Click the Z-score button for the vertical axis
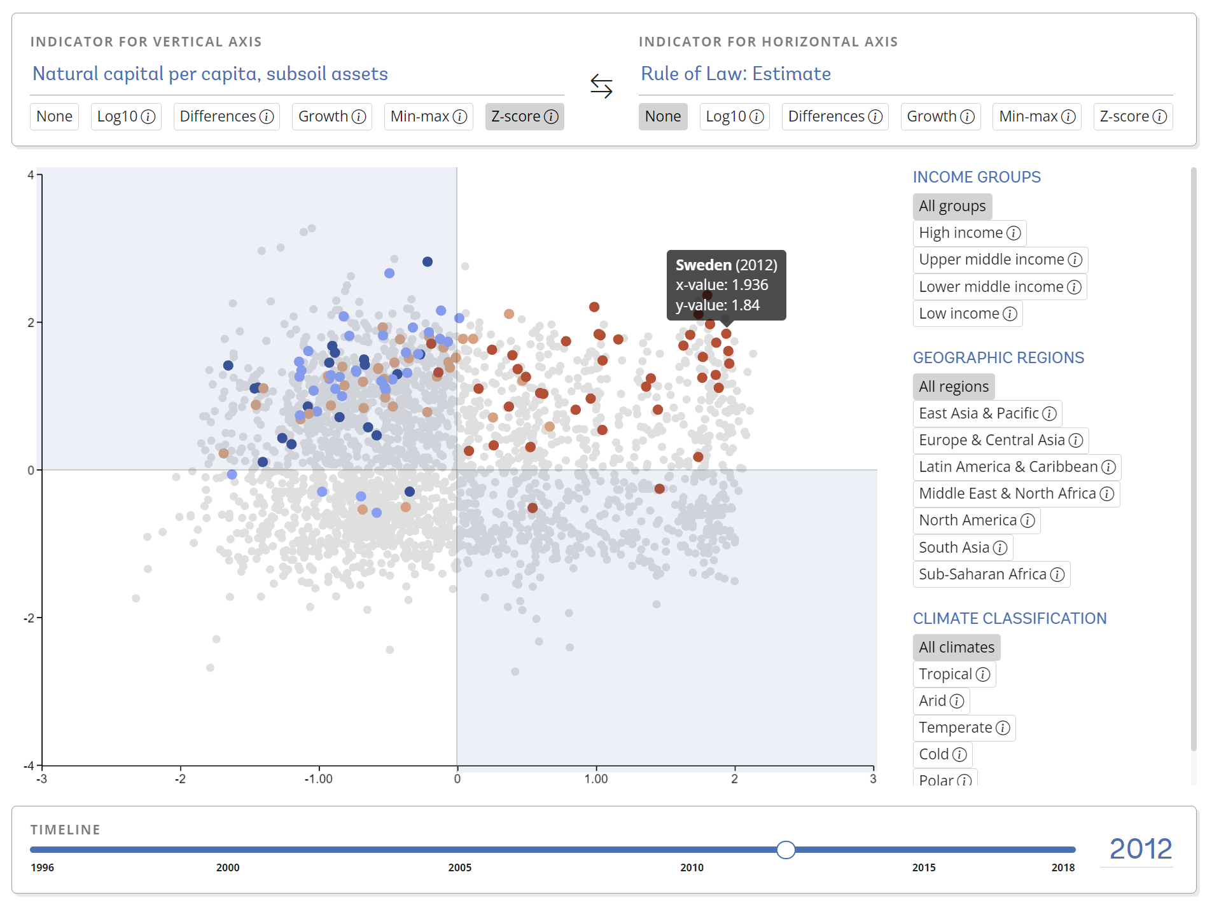[524, 117]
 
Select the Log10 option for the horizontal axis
[734, 117]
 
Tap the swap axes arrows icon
[601, 86]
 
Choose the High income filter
[968, 233]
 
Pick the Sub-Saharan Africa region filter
[991, 574]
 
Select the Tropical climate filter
[953, 674]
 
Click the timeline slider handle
[786, 850]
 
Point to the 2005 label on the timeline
[459, 867]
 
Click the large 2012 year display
[1140, 849]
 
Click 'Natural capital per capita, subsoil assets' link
[210, 74]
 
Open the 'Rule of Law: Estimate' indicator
[735, 74]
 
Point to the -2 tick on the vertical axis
[29, 618]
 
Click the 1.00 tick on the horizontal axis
[596, 779]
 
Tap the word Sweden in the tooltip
[703, 265]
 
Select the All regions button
[953, 387]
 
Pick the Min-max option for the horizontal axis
[1036, 117]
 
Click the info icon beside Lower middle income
[1074, 287]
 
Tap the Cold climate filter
[942, 754]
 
